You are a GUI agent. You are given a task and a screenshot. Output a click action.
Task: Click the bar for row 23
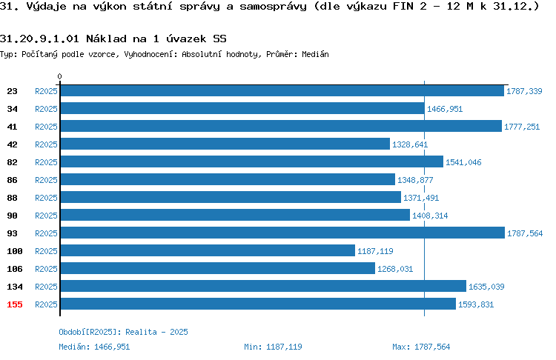tap(282, 90)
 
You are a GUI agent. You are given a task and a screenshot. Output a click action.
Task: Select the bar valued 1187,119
tap(208, 250)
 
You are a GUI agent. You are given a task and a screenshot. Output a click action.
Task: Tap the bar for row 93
tap(282, 233)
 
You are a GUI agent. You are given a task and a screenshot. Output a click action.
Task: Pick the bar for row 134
tap(263, 286)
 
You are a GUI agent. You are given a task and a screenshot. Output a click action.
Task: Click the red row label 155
tap(15, 304)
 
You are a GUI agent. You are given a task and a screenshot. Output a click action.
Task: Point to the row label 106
tap(15, 269)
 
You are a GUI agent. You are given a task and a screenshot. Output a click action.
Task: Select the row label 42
tap(12, 144)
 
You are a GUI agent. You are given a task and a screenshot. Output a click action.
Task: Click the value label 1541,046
tap(463, 162)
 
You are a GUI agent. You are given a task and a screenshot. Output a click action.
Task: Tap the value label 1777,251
tap(522, 127)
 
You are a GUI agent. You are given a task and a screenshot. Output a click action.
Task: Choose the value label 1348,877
tap(415, 180)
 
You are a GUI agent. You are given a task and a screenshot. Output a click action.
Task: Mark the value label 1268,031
tap(395, 269)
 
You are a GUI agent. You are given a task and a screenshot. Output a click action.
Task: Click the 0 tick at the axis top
tap(59, 76)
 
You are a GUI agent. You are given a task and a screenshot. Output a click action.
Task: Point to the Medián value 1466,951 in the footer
tap(112, 347)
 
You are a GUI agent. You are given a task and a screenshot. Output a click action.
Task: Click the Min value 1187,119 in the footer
tap(284, 347)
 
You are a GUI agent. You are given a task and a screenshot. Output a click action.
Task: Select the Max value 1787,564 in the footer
tap(432, 347)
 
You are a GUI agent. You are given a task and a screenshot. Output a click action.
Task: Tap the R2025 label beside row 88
tap(46, 198)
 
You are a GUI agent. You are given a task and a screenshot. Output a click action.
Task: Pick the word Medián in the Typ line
tap(315, 54)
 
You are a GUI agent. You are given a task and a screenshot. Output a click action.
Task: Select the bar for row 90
tap(235, 215)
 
